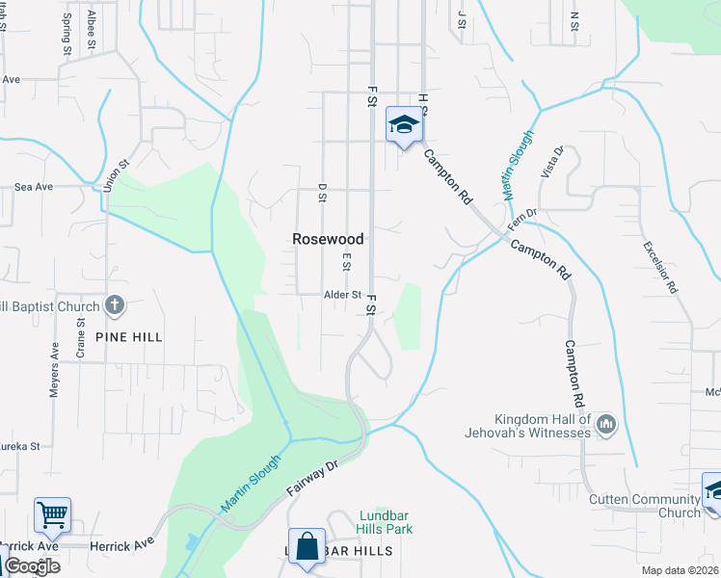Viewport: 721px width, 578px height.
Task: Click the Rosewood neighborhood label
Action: pos(329,239)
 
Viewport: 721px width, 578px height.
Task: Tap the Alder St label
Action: pos(342,296)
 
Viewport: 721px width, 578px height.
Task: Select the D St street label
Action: pos(323,194)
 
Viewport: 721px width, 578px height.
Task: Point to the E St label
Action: pos(346,262)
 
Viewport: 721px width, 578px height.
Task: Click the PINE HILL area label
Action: pos(129,337)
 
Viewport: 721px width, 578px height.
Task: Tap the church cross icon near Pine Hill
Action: pos(114,306)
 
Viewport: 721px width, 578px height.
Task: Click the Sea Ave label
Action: pos(34,187)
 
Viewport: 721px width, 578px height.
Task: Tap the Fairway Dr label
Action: pos(314,479)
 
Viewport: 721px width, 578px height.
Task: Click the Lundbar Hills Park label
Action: pos(386,522)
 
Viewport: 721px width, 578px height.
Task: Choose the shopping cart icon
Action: pos(52,513)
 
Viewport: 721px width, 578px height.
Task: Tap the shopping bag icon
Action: pos(307,545)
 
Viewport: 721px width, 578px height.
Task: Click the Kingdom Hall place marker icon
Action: pos(606,423)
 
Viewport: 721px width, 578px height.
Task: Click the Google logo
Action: pos(32,565)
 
